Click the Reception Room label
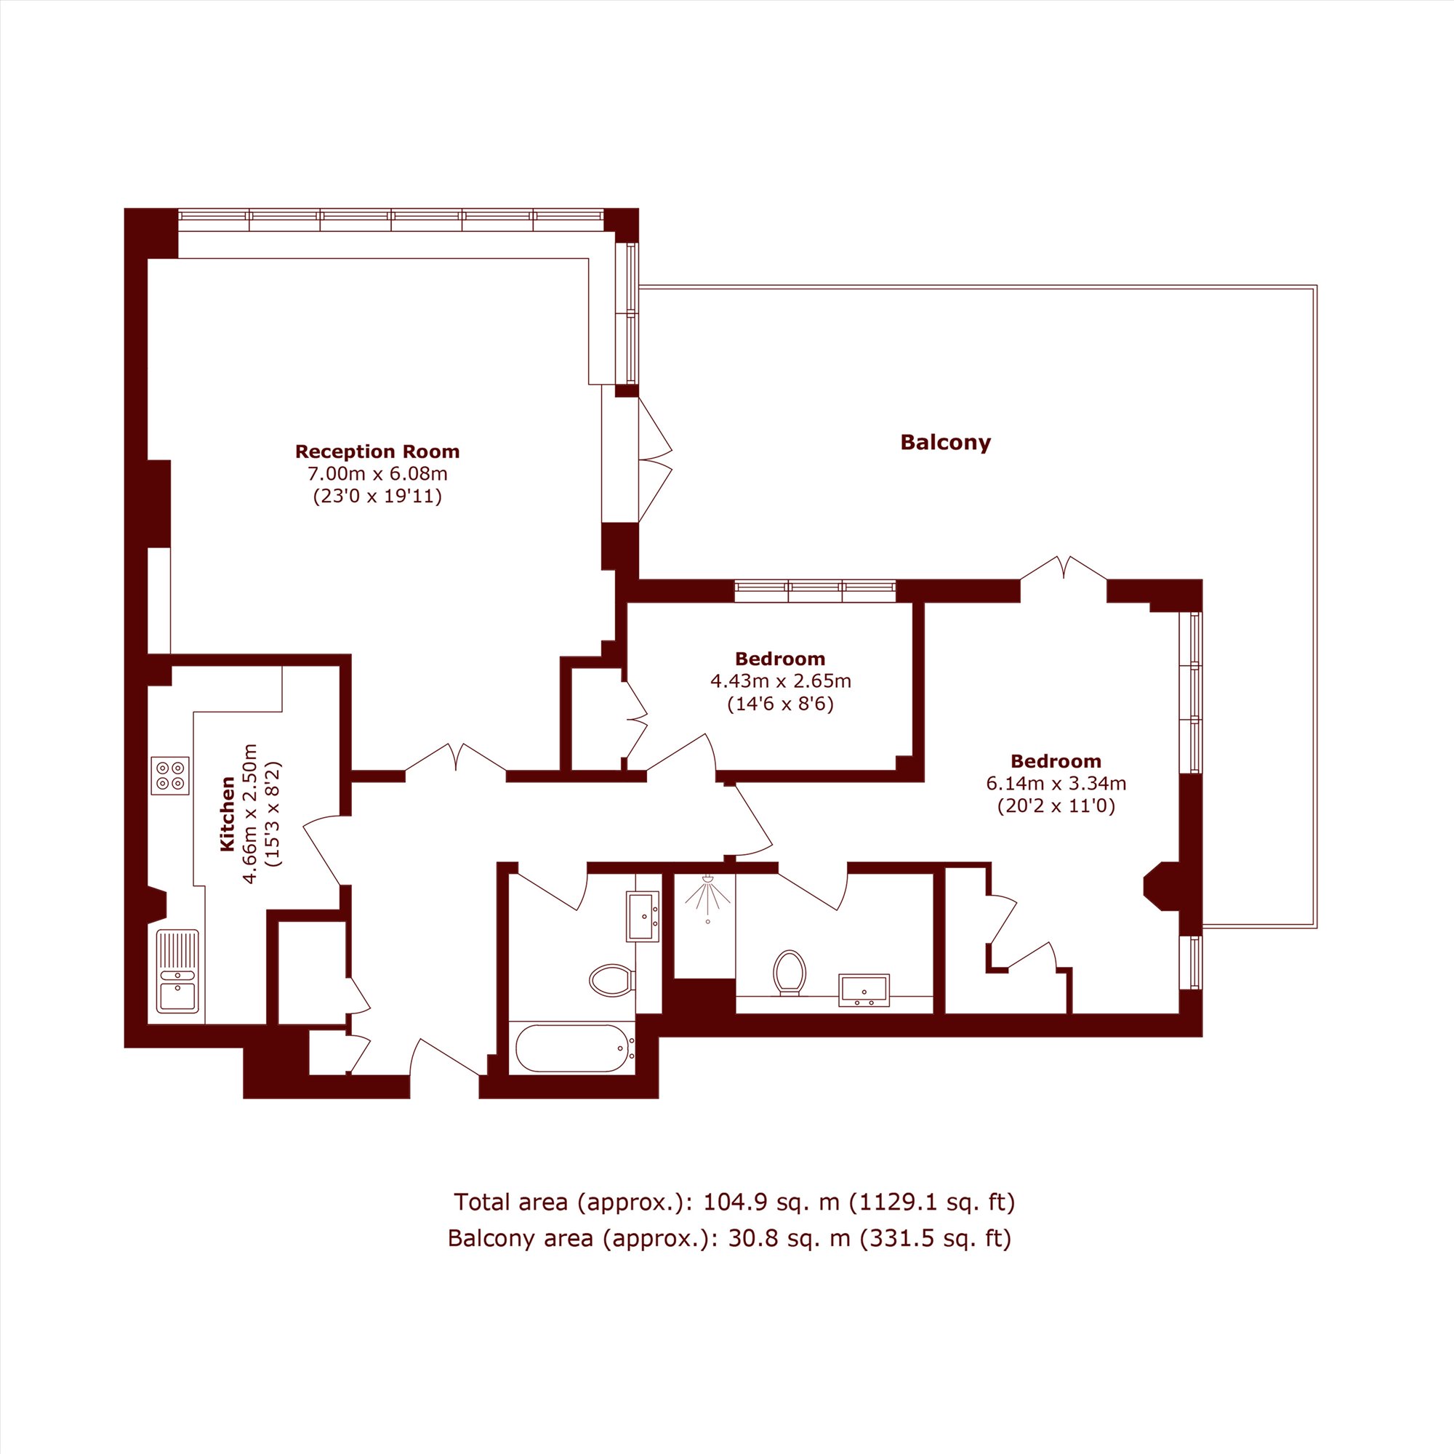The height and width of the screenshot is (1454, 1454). pos(377,451)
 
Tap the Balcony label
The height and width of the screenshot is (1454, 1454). pos(945,442)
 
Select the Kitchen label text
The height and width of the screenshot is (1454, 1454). pos(228,814)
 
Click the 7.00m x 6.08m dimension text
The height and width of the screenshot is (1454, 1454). pos(377,474)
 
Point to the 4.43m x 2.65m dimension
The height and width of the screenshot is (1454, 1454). pos(780,682)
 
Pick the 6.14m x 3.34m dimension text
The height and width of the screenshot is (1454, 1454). pos(1056,784)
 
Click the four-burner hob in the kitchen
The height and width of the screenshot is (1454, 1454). pos(169,776)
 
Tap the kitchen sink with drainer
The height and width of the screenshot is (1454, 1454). pos(178,971)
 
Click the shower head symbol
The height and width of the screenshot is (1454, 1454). pos(708,896)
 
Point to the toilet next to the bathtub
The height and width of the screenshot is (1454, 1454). pos(611,979)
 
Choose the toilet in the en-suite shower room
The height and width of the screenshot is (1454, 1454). pos(790,971)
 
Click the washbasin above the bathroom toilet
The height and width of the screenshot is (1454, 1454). pos(643,916)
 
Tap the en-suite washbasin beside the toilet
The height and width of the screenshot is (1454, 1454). pos(864,989)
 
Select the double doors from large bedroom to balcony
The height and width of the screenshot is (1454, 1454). pos(1064,569)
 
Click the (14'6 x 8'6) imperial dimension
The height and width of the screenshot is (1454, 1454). pos(780,704)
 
